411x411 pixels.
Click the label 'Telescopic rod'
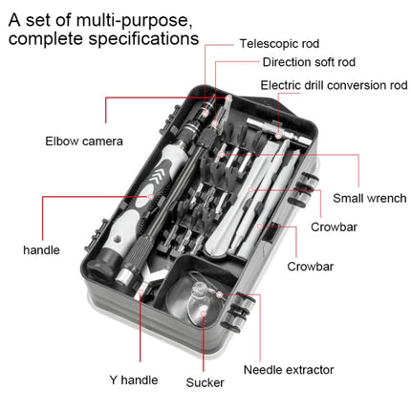(x=279, y=43)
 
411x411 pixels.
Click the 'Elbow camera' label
(x=84, y=141)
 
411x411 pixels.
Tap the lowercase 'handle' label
(x=41, y=250)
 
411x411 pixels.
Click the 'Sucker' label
(x=205, y=382)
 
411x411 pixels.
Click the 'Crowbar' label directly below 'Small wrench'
(x=335, y=227)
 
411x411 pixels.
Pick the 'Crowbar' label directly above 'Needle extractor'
(x=310, y=267)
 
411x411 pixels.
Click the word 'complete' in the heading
(x=45, y=40)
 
